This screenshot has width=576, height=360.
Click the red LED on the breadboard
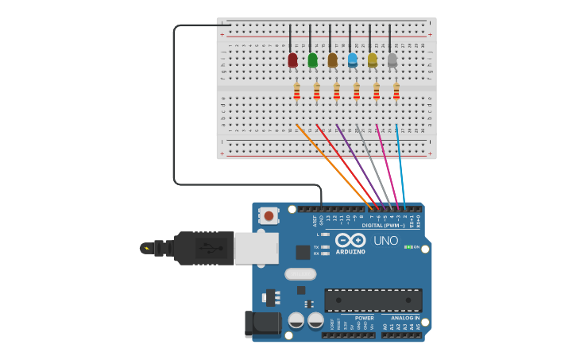pyautogui.click(x=292, y=60)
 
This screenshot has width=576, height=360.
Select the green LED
pyautogui.click(x=312, y=60)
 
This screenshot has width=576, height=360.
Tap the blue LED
pyautogui.click(x=352, y=60)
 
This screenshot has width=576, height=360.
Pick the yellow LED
pyautogui.click(x=372, y=60)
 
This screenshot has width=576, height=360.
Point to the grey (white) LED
pyautogui.click(x=392, y=60)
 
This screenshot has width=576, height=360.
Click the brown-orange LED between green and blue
pyautogui.click(x=332, y=60)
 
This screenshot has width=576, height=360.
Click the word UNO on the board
pyautogui.click(x=385, y=241)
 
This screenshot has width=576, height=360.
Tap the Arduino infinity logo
pyautogui.click(x=350, y=240)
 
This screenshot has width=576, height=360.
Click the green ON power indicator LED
pyautogui.click(x=408, y=247)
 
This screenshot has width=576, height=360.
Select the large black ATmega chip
pyautogui.click(x=373, y=300)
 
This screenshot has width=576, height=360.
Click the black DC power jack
pyautogui.click(x=263, y=323)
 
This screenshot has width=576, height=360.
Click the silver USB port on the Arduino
pyautogui.click(x=256, y=247)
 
